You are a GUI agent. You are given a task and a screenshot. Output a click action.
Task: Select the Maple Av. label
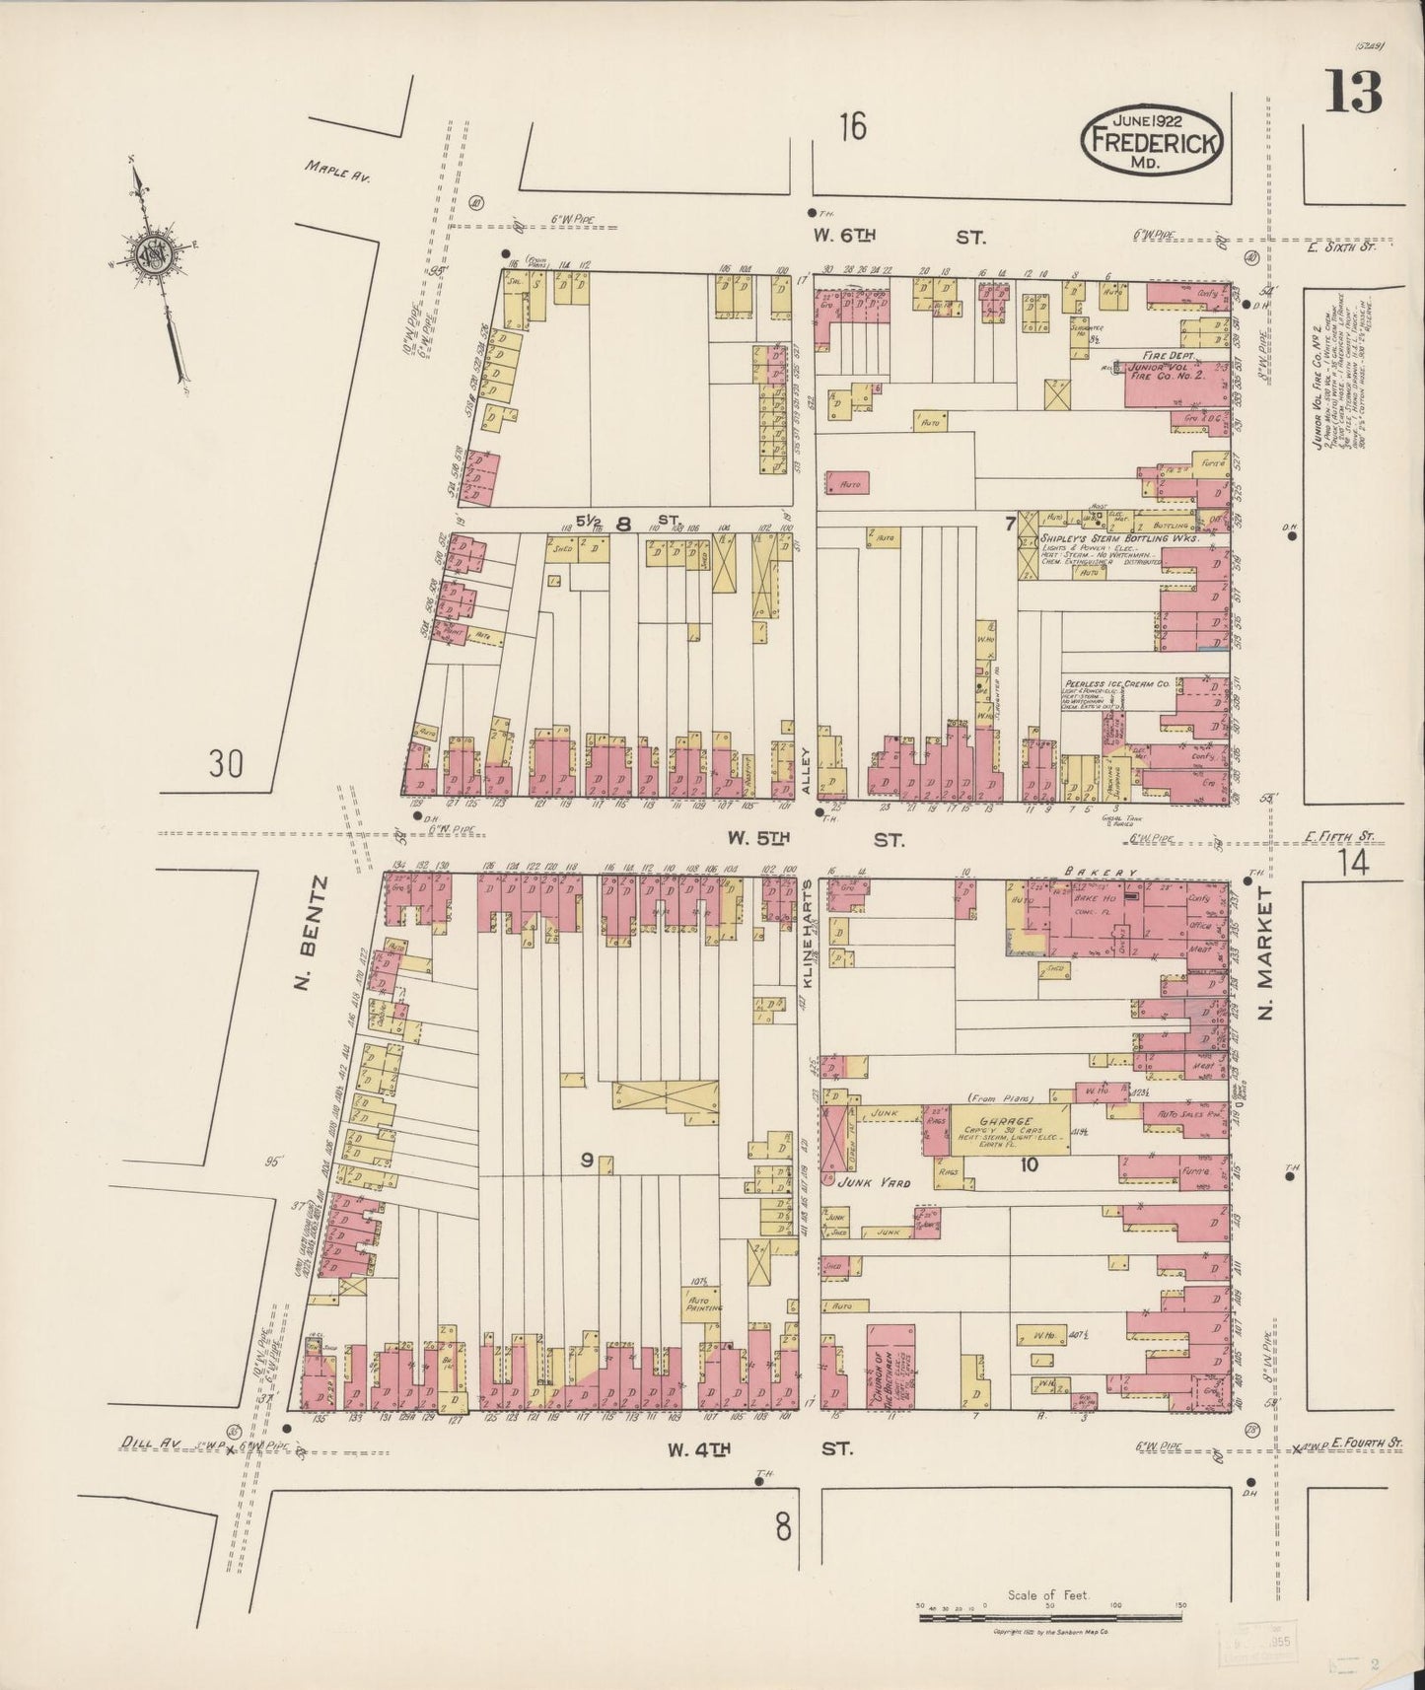[x=337, y=175]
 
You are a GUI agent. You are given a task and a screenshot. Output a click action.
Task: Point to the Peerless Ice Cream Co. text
[x=1115, y=682]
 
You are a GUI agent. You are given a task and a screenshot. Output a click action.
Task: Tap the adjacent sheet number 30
[x=226, y=763]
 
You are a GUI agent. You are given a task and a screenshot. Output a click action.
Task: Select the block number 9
[x=586, y=1162]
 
